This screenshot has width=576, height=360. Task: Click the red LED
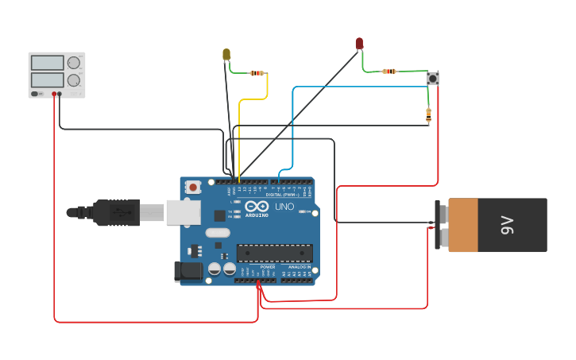[x=359, y=43]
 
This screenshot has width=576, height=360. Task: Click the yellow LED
[x=226, y=54]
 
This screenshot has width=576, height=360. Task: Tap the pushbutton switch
[x=432, y=78]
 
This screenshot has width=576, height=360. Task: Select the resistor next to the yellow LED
[x=257, y=73]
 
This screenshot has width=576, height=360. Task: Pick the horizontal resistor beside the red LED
[x=389, y=72]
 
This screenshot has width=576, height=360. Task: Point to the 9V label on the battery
[x=507, y=225]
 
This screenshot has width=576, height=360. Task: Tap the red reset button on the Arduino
[x=193, y=188]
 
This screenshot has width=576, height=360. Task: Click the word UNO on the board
[x=284, y=207]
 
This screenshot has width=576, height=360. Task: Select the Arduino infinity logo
[x=257, y=207]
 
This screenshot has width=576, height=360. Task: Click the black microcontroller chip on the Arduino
[x=274, y=254]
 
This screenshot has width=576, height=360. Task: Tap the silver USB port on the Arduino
[x=184, y=212]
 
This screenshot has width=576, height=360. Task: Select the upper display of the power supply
[x=47, y=63]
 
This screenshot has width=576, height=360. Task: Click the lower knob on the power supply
[x=74, y=80]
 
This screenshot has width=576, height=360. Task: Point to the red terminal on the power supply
[x=54, y=94]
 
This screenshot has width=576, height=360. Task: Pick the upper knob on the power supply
[x=74, y=63]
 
